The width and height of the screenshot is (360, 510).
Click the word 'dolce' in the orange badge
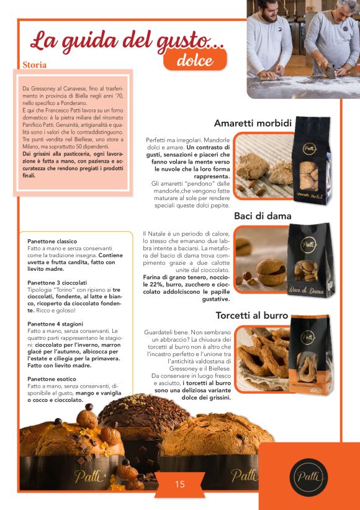[195, 60]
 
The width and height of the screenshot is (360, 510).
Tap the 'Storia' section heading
[35, 64]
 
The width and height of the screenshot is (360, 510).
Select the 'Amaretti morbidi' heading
[253, 123]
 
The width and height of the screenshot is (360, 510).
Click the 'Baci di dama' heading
[263, 216]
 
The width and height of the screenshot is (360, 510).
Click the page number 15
[179, 484]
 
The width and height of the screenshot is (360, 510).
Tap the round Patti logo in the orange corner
[308, 476]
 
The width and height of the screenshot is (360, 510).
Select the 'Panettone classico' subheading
[52, 241]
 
